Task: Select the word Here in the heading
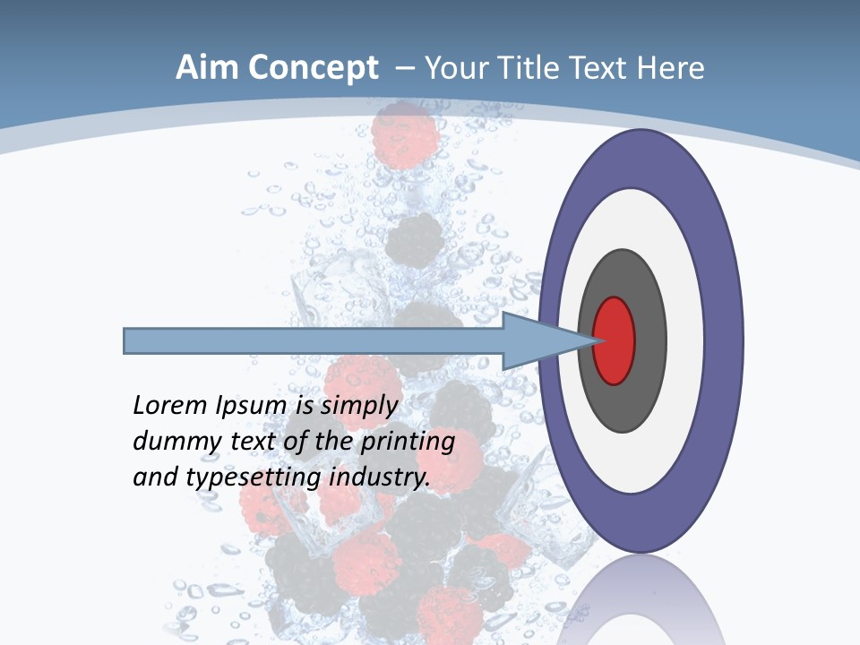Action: (671, 68)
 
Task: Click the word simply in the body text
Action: (358, 406)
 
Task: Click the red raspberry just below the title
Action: (408, 134)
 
